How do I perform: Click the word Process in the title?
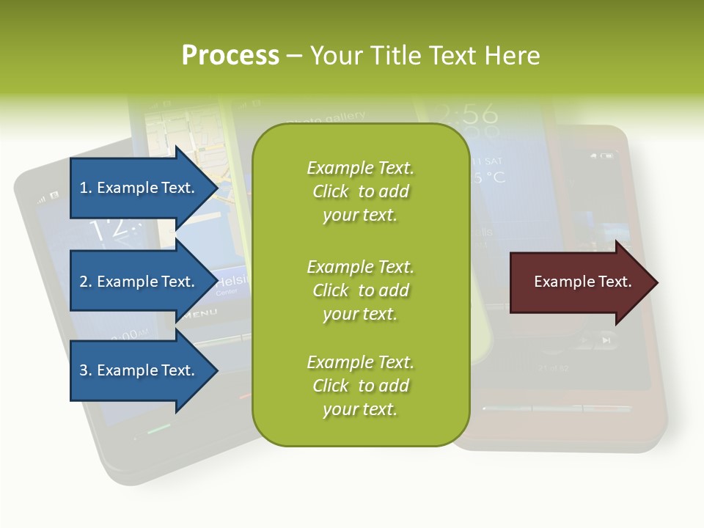point(230,55)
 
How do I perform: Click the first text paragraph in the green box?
point(360,191)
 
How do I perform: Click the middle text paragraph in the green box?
point(360,290)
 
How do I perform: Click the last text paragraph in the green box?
point(360,386)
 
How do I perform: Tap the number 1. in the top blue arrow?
point(86,188)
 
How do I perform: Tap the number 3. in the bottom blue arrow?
point(86,370)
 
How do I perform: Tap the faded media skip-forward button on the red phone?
point(606,340)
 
